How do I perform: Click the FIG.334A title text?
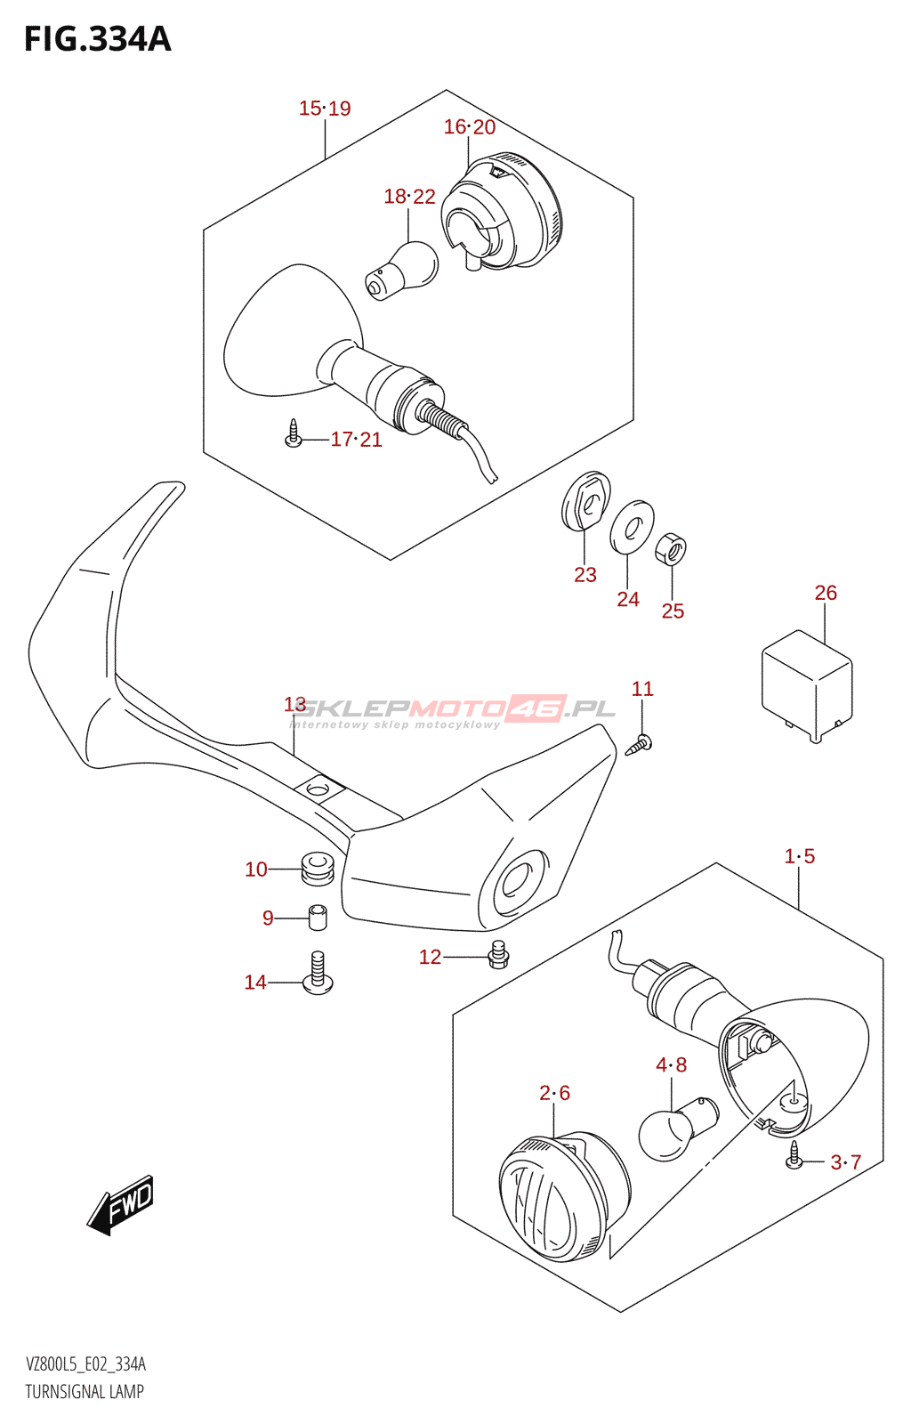97,39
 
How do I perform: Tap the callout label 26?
826,593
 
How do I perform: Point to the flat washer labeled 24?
632,527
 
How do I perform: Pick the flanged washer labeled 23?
586,500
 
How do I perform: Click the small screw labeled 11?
640,744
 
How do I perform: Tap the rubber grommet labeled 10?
316,868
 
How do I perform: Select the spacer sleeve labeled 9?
318,917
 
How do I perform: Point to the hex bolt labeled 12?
498,955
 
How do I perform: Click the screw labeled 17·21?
294,435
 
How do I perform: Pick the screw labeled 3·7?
794,1158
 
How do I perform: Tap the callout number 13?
294,705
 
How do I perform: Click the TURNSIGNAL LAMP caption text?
85,1391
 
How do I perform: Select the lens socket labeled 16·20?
503,214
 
